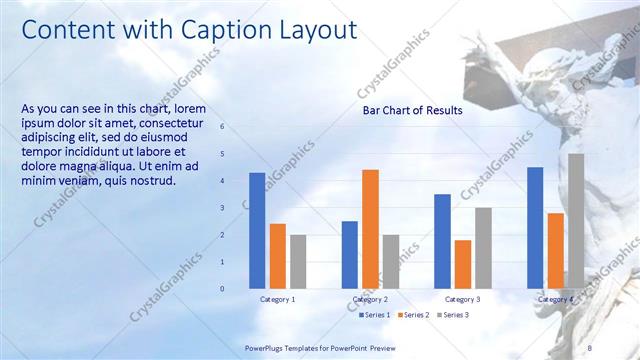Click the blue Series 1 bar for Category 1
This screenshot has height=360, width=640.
coord(257,230)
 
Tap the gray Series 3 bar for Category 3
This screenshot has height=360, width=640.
coord(483,247)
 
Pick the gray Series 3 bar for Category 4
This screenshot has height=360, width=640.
coord(576,220)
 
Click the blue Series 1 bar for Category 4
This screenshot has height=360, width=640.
coord(535,227)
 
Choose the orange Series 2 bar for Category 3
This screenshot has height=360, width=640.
coord(462,263)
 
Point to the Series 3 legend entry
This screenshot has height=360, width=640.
coord(451,315)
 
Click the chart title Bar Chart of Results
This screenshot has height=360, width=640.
coord(412,110)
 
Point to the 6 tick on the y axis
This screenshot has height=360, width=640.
coord(222,127)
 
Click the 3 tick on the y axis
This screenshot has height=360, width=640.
coord(222,208)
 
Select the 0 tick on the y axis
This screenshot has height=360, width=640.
coord(222,288)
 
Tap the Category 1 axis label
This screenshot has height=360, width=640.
coord(277,299)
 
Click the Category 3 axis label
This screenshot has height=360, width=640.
coord(462,299)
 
